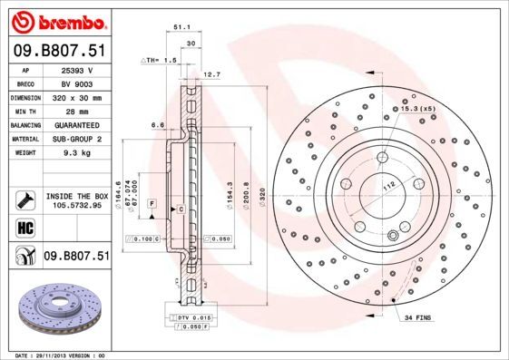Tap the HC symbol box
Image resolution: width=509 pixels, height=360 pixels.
[x=25, y=228]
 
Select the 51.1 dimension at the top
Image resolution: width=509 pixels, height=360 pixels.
[x=181, y=28]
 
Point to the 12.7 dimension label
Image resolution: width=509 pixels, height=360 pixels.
[x=211, y=73]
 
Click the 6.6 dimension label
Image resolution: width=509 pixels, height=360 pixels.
[x=156, y=124]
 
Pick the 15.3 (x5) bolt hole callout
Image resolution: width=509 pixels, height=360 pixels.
[x=416, y=109]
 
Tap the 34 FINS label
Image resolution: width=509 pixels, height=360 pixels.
[x=418, y=318]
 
